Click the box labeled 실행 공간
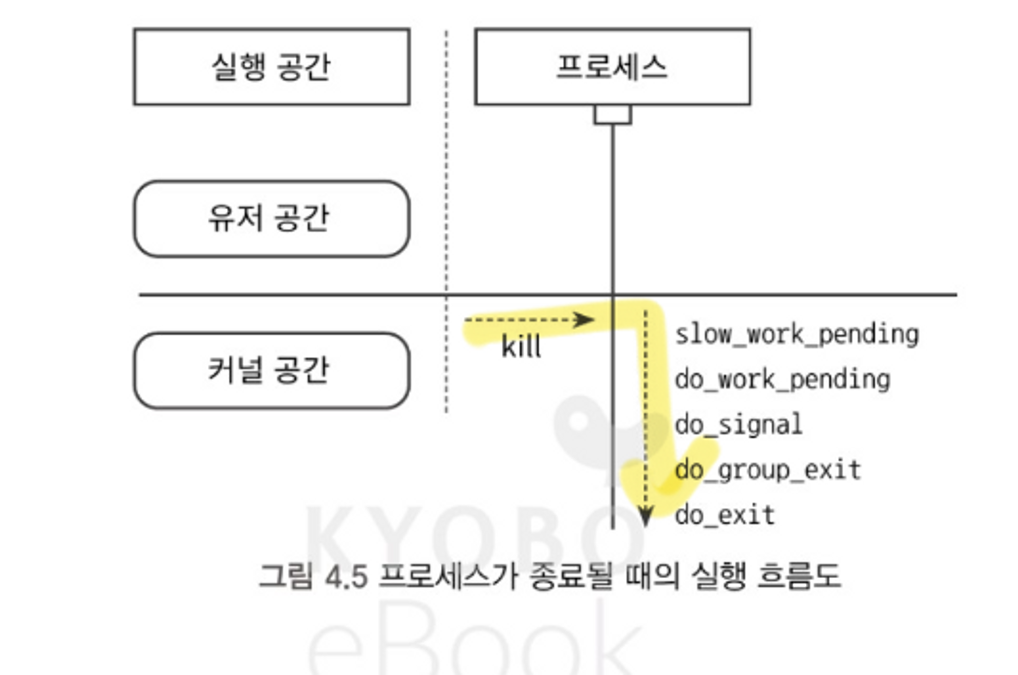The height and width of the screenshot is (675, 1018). [271, 67]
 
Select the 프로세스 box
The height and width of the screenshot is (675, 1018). [612, 67]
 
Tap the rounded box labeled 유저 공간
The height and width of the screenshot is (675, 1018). [271, 219]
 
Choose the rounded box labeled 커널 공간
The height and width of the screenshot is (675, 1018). [271, 370]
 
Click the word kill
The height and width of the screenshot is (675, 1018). [521, 347]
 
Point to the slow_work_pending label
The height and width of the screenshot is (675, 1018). [797, 335]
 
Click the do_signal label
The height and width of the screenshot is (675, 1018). [739, 425]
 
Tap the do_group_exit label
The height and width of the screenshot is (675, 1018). [768, 470]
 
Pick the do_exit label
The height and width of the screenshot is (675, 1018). [725, 515]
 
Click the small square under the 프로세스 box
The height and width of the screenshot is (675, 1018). [613, 114]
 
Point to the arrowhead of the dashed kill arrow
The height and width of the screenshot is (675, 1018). [585, 320]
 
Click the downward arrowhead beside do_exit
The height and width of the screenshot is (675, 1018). [645, 517]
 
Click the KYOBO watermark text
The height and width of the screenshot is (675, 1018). [473, 535]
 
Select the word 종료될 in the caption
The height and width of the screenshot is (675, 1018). [571, 577]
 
